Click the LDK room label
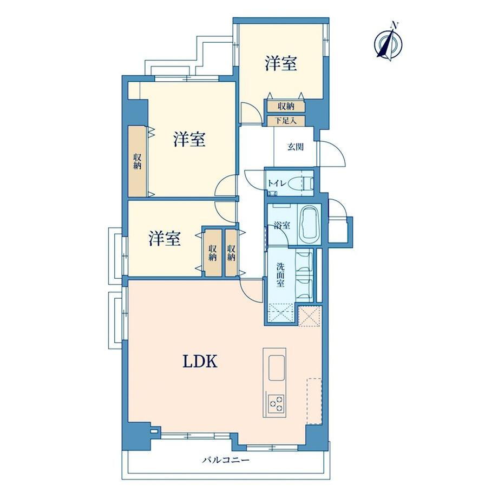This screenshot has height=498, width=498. pyautogui.click(x=200, y=361)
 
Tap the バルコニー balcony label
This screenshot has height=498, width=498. pyautogui.click(x=226, y=460)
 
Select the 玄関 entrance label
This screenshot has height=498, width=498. pyautogui.click(x=296, y=147)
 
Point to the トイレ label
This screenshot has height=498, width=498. pyautogui.click(x=277, y=184)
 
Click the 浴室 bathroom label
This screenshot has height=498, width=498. pyautogui.click(x=282, y=226)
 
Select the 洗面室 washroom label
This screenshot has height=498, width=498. pyautogui.click(x=280, y=274)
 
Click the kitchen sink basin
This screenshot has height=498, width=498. pyautogui.click(x=276, y=368)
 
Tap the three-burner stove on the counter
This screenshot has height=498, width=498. pyautogui.click(x=276, y=403)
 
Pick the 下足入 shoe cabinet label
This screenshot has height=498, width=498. pyautogui.click(x=285, y=121)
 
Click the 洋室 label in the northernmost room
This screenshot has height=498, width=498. pyautogui.click(x=281, y=63)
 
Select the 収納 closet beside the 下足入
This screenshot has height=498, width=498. pyautogui.click(x=286, y=106)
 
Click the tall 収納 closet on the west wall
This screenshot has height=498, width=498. pyautogui.click(x=137, y=161)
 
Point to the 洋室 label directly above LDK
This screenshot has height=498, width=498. pyautogui.click(x=165, y=238)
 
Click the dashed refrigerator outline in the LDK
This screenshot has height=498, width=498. pyautogui.click(x=314, y=401)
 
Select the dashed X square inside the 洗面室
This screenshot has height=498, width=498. pyautogui.click(x=281, y=313)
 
